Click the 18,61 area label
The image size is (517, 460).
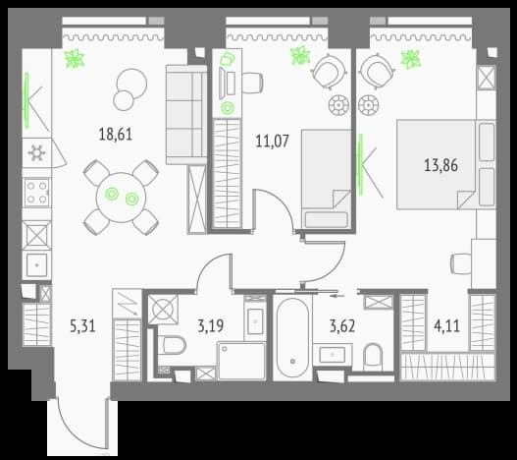pos(116,135)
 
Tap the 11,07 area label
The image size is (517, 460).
pos(272,142)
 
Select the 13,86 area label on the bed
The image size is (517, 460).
pos(440,165)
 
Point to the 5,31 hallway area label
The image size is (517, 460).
pos(82,326)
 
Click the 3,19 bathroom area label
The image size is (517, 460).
pos(210,326)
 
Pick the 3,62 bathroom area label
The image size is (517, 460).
pos(342,326)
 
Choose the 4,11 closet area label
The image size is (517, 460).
pos(446,326)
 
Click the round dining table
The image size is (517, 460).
pos(121,198)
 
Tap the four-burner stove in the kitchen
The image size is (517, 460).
pos(36,193)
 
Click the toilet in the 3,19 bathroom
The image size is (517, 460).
pos(172,345)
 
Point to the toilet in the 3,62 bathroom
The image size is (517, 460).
pos(373,357)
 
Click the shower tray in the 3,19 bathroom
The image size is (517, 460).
pos(241,361)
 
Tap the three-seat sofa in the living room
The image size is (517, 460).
pos(186,115)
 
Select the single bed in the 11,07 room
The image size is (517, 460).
pos(327,179)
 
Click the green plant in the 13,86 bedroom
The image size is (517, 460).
pos(410,60)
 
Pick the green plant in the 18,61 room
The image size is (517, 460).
pos(75,59)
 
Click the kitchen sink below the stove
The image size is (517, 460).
pos(36,264)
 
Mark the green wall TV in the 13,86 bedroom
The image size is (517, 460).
pos(361,164)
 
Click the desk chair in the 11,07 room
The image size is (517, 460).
pos(252,83)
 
